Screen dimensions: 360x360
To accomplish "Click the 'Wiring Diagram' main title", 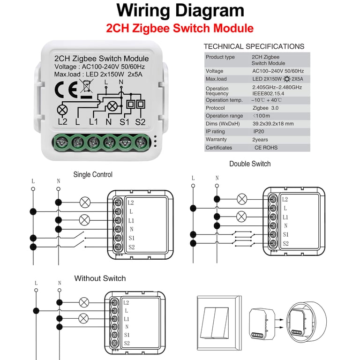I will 180,11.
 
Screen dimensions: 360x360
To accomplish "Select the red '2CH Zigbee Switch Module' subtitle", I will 180,28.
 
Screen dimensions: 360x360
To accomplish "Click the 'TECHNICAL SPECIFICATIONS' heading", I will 254,46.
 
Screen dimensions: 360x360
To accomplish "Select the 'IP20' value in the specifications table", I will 259,132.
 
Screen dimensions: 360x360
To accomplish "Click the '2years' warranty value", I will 260,140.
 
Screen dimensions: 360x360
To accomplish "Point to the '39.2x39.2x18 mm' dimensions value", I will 273,124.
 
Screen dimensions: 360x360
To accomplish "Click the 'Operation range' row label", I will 224,116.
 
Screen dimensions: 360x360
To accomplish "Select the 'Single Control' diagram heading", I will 93,175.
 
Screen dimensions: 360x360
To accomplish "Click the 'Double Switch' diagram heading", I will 250,164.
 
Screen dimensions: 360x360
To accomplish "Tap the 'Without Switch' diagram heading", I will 100,278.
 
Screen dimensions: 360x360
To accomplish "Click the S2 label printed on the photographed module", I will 141,122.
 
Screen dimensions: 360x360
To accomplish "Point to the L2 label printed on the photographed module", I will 63,122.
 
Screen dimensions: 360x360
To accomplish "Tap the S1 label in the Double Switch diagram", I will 285,234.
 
